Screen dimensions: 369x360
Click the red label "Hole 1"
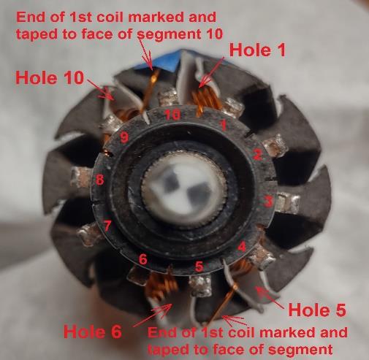(257, 50)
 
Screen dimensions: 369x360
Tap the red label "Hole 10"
(50, 78)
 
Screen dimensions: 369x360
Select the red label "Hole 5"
(317, 310)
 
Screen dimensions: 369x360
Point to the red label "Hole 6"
(93, 332)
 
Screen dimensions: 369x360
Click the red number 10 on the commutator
(172, 115)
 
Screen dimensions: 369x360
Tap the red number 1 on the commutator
(223, 125)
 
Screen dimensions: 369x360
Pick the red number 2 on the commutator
(257, 154)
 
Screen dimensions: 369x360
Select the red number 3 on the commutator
(268, 202)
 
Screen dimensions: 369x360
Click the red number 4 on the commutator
(241, 248)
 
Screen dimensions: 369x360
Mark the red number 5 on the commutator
(199, 267)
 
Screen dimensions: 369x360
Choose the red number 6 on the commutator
(143, 259)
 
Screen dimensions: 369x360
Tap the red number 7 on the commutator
(107, 226)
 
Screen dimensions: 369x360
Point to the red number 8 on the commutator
(99, 180)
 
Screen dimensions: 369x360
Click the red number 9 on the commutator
(124, 138)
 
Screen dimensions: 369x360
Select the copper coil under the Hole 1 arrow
(207, 99)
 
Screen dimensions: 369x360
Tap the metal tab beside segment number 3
(288, 202)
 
